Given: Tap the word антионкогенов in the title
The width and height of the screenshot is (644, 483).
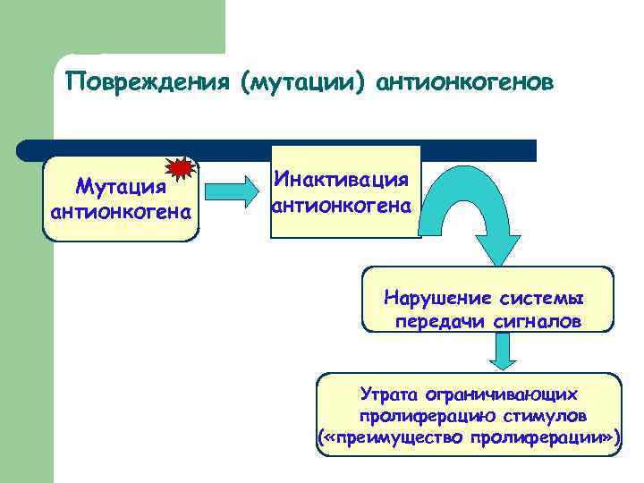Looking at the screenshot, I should [466, 82].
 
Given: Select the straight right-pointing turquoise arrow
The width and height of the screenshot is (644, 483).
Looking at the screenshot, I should [231, 191].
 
